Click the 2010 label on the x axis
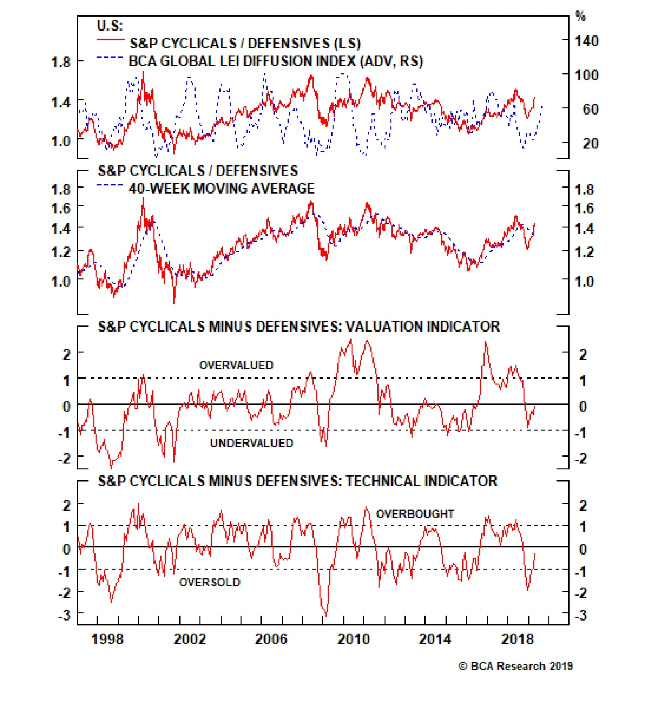(353, 639)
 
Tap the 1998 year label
(107, 639)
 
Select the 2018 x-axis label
(517, 639)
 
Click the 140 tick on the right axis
(586, 41)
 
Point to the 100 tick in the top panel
(586, 75)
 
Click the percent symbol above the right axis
(580, 17)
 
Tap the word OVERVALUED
(236, 365)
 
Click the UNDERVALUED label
(252, 443)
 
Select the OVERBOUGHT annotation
(415, 514)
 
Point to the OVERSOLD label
(210, 582)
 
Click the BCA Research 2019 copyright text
(516, 666)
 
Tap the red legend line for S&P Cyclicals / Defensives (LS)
(110, 40)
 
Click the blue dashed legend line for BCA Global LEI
(110, 58)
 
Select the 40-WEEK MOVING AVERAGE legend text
(221, 188)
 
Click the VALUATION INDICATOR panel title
(299, 326)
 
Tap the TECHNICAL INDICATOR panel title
(298, 481)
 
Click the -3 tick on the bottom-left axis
(64, 615)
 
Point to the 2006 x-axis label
(271, 639)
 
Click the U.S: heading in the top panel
(110, 26)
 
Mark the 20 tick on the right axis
(590, 144)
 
